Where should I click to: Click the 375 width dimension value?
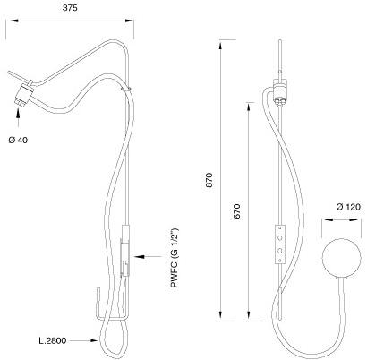(x=70, y=8)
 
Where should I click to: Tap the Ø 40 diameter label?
(x=18, y=140)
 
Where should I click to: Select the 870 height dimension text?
(x=209, y=180)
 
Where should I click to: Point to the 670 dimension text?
(x=236, y=211)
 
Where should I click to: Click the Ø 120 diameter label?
(x=348, y=207)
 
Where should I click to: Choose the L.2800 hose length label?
(x=53, y=340)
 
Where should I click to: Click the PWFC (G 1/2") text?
(x=175, y=258)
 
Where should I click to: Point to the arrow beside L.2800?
(x=84, y=340)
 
